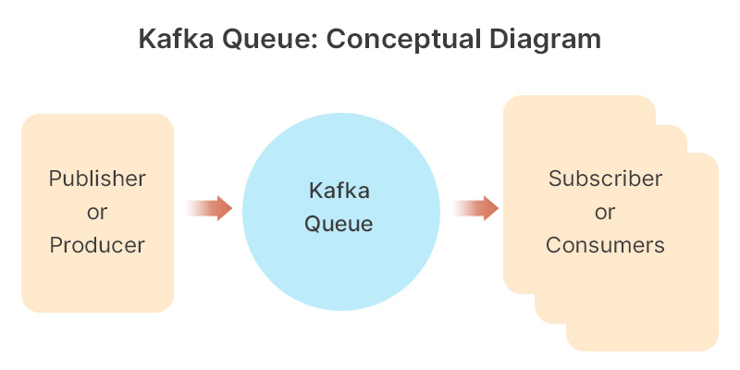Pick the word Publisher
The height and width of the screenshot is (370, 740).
(97, 179)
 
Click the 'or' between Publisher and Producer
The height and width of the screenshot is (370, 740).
(97, 212)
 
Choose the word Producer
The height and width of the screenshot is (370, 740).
(97, 245)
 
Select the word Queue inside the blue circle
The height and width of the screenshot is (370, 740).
(339, 224)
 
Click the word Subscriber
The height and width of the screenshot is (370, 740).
(605, 179)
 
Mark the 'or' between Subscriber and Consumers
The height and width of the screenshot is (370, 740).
(605, 212)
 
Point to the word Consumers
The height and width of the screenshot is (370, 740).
(605, 245)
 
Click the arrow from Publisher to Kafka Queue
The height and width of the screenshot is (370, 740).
(209, 208)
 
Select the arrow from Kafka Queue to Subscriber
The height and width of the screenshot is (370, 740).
(475, 208)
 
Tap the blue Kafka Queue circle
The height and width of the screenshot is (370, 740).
(339, 268)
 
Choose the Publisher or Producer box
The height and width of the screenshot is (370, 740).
(97, 287)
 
